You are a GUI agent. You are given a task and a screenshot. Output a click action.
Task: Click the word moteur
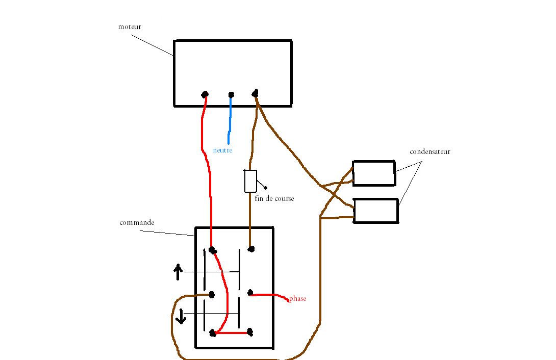click(x=130, y=27)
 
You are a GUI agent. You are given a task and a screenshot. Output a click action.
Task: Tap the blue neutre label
click(x=223, y=150)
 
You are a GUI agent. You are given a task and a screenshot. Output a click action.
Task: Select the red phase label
click(x=297, y=299)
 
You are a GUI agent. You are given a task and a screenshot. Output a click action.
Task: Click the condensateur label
click(x=430, y=152)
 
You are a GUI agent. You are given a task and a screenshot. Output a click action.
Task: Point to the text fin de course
click(x=274, y=199)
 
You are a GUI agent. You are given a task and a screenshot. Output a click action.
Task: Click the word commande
click(x=137, y=223)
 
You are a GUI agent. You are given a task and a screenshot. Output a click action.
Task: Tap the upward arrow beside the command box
click(x=178, y=272)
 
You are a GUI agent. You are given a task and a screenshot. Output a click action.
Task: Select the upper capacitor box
click(x=374, y=173)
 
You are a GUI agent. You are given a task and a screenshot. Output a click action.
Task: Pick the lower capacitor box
click(x=376, y=211)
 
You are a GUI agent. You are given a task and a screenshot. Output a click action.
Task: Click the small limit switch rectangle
click(x=250, y=181)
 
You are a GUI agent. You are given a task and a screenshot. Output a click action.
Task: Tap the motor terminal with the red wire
click(x=205, y=94)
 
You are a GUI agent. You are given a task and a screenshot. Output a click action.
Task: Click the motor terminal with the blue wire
click(x=231, y=94)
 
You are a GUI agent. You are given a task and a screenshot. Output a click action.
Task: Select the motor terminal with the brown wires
click(x=255, y=93)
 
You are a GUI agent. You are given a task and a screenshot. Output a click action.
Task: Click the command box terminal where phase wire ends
click(x=250, y=293)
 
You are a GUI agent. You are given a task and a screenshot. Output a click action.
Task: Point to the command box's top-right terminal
click(x=251, y=249)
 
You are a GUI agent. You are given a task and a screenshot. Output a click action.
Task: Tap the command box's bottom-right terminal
click(x=250, y=332)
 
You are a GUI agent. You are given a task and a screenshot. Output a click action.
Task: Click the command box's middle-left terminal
click(x=212, y=295)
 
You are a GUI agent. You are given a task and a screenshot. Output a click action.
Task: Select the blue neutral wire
click(x=230, y=120)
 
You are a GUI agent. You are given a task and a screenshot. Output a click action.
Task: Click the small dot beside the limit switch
click(x=265, y=188)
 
